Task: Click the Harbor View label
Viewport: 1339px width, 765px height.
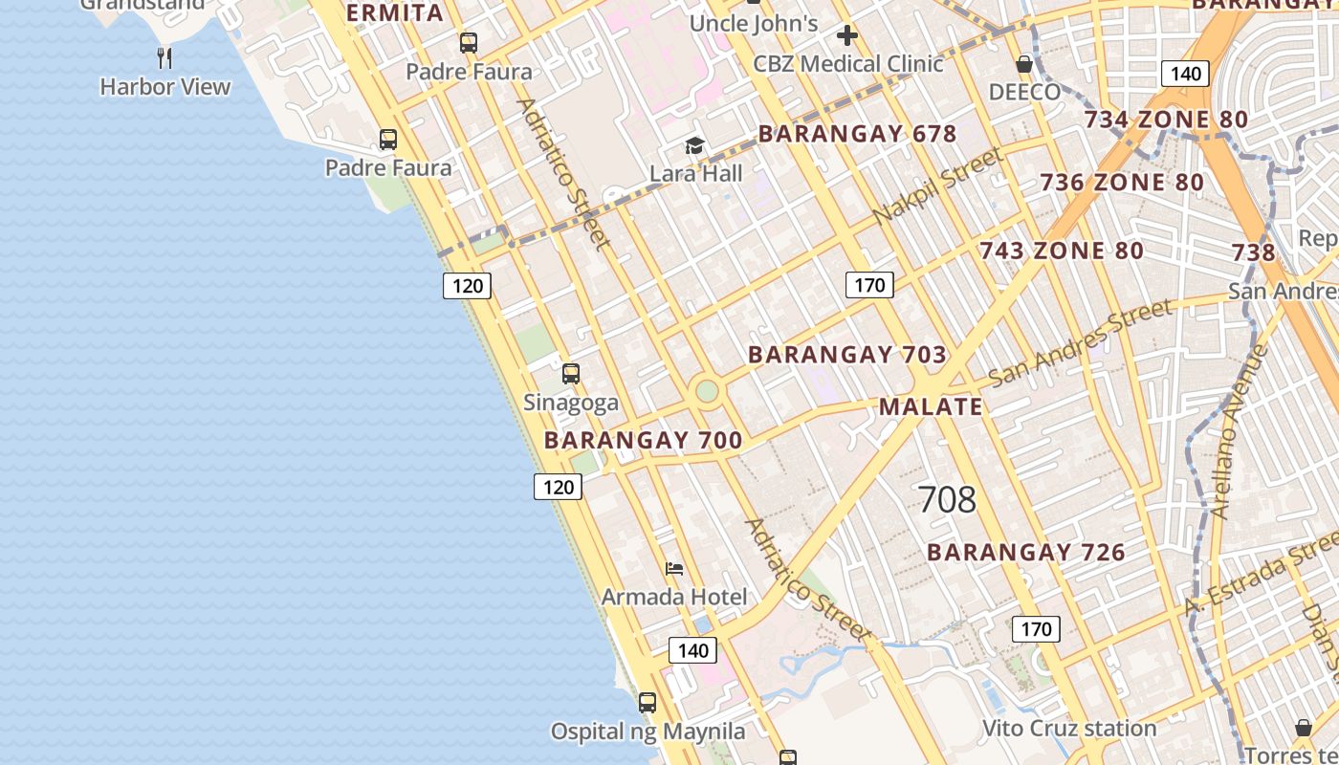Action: (x=165, y=87)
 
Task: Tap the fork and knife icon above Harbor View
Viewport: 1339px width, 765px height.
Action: (x=165, y=58)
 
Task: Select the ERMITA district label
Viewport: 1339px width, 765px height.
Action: (x=394, y=13)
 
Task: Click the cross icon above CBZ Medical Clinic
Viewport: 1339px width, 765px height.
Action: (x=846, y=36)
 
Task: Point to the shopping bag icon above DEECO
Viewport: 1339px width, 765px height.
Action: (x=1024, y=64)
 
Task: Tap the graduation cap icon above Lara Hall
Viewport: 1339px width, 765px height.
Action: (x=694, y=145)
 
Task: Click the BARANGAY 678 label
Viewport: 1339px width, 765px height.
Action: (x=857, y=134)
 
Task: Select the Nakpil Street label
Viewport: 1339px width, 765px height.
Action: (x=938, y=186)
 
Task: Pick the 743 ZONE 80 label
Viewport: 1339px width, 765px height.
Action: (x=1061, y=251)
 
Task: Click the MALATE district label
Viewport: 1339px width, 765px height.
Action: (x=931, y=406)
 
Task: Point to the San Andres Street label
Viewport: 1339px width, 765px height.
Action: (x=1080, y=342)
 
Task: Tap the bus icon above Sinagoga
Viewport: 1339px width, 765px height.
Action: (x=571, y=374)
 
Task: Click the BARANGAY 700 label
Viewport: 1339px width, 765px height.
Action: (x=643, y=441)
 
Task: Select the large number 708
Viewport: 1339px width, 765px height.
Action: (x=947, y=499)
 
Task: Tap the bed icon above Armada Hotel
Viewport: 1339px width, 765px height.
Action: (x=674, y=569)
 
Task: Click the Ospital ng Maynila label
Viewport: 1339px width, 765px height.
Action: (x=648, y=732)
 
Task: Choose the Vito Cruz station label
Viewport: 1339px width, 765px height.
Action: (x=1069, y=729)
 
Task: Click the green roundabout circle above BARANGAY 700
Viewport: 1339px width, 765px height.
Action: (x=707, y=391)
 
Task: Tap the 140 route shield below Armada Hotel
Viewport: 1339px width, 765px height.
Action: (x=692, y=651)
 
